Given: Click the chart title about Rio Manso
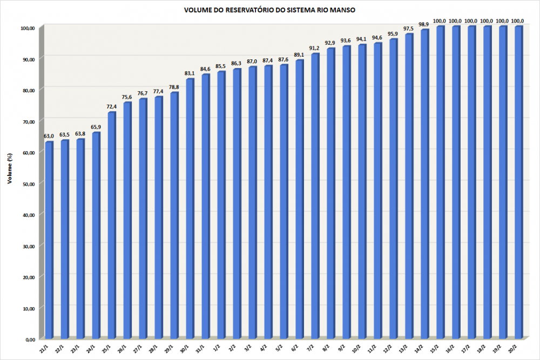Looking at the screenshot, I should coord(269,10).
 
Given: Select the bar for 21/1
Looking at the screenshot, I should coord(49,240).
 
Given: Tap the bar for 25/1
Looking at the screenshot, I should coord(112,226).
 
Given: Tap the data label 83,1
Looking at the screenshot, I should coord(190,73).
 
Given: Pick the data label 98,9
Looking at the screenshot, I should coord(424,24).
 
